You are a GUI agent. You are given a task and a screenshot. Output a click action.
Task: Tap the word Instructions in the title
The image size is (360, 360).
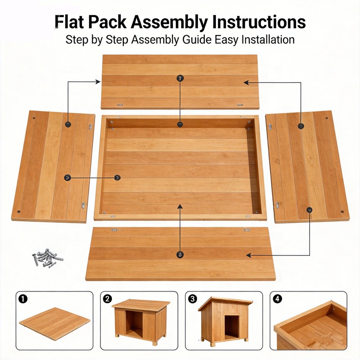point(259,22)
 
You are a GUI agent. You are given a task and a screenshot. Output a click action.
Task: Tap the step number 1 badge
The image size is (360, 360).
point(23,299)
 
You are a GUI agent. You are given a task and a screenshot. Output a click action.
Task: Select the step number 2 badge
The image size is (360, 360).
point(108,299)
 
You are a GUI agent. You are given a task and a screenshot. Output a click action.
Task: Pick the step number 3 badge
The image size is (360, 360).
point(193,299)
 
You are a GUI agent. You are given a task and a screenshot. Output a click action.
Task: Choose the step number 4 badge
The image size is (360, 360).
point(277,299)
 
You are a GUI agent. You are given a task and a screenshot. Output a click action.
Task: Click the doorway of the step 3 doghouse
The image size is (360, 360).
point(232,327)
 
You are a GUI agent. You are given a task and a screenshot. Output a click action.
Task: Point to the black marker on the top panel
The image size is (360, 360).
point(180,78)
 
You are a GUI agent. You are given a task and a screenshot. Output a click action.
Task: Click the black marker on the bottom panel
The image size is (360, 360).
point(180,254)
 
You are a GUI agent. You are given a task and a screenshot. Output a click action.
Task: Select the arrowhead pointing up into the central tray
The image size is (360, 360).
point(180,207)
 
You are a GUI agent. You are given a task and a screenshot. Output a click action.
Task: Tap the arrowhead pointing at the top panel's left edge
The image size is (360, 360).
point(98,81)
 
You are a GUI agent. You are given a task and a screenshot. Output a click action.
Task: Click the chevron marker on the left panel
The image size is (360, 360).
point(67,177)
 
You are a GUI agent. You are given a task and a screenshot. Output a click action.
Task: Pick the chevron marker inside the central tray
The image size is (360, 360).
point(117,177)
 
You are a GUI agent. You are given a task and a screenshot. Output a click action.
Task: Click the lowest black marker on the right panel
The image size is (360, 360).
point(309,210)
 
